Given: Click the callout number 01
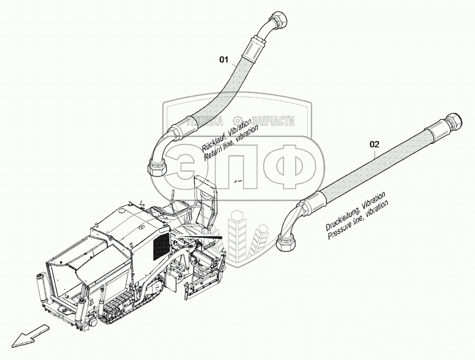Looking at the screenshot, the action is [x=224, y=60].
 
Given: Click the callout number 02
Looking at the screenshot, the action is [x=374, y=144].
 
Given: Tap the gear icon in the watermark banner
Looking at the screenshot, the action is [x=237, y=121].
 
